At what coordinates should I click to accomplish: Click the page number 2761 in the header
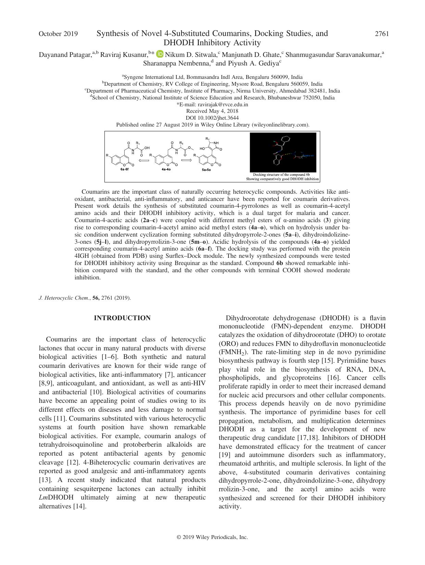point(382,34)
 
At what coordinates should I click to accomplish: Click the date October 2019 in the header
point(58,34)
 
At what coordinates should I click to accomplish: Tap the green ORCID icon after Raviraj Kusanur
point(160,54)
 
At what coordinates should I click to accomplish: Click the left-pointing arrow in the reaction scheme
point(144,160)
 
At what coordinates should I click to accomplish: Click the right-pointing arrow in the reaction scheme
point(186,160)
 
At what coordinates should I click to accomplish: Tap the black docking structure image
point(283,152)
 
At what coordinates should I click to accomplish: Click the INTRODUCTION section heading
point(122,318)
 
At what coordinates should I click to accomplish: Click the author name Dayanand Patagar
point(65,55)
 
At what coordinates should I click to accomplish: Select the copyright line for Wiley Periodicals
point(212,537)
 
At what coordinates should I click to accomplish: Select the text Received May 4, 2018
point(212,111)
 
